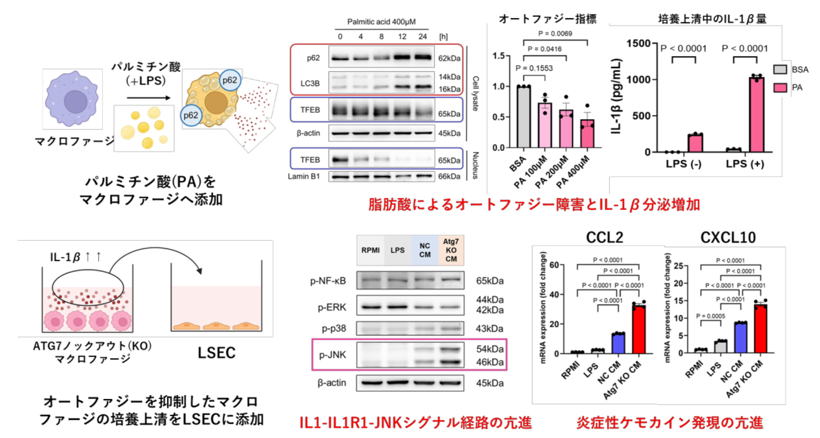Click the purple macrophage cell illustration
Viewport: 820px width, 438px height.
click(x=72, y=99)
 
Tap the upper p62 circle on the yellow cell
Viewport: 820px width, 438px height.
click(x=230, y=80)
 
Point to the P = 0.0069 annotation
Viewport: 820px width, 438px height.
click(x=555, y=34)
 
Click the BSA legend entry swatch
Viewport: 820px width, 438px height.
click(x=780, y=69)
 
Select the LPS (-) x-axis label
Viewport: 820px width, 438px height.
click(x=683, y=164)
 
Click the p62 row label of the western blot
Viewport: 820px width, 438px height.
click(x=313, y=58)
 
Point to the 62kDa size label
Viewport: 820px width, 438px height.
click(x=449, y=58)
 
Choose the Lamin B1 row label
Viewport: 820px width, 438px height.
click(x=304, y=176)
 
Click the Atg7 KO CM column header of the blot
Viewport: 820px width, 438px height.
click(x=451, y=250)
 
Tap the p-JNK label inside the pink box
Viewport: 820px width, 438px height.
click(x=332, y=355)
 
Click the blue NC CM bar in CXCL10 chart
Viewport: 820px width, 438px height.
click(x=741, y=338)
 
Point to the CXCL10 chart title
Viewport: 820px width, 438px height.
click(x=728, y=237)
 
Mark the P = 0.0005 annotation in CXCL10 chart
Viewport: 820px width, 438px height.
click(x=710, y=316)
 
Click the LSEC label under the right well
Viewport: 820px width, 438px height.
click(x=216, y=353)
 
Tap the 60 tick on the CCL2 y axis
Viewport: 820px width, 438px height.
click(x=554, y=265)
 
